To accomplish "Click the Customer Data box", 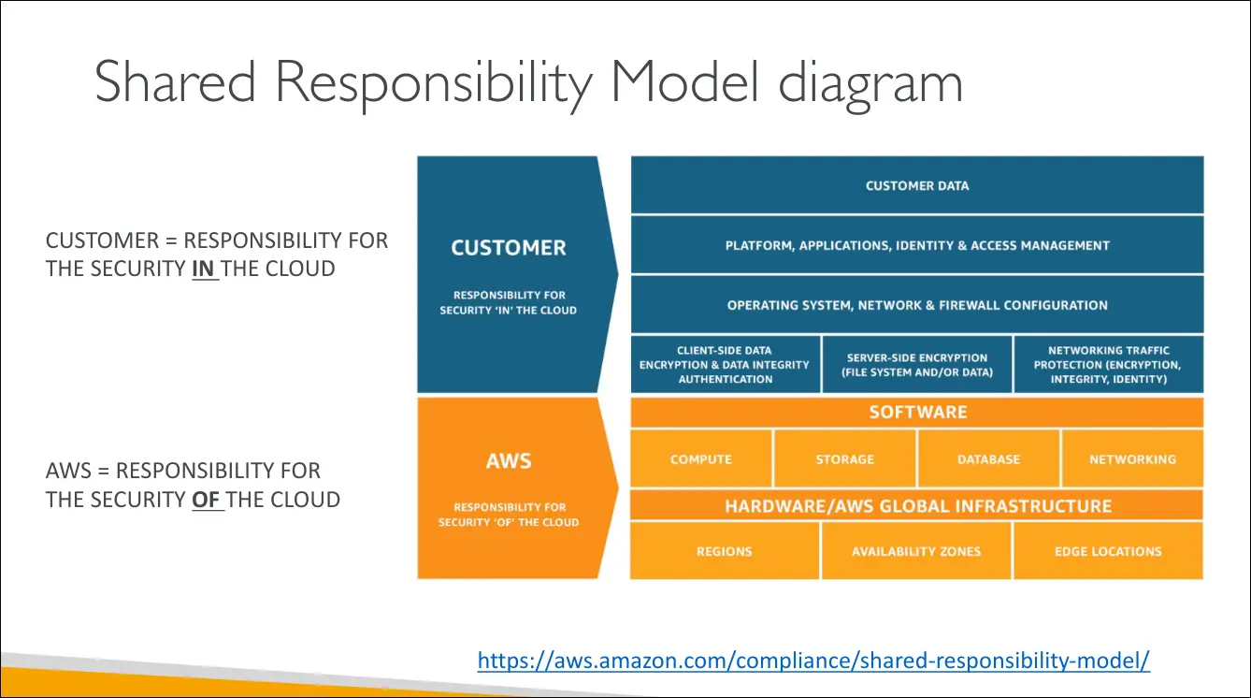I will (916, 185).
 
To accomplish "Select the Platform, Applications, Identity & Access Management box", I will (916, 245).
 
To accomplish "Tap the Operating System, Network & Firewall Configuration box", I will (916, 305).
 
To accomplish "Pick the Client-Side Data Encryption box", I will (725, 365).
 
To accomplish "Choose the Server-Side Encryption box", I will (916, 365).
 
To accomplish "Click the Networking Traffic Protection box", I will (1108, 365).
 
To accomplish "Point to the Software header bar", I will (916, 412).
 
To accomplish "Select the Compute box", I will (701, 459).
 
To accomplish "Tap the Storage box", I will (845, 459).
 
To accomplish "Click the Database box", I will (988, 459).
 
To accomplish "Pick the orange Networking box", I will (1132, 459).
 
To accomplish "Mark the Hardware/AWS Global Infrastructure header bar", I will (916, 506).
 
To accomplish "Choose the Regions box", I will (725, 551).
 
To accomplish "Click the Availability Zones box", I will (916, 551).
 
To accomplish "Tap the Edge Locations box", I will (1108, 551).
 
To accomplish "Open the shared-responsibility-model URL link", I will (813, 661).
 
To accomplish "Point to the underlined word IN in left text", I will (204, 269).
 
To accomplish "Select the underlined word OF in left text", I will (207, 500).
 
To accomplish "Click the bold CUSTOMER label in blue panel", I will (509, 248).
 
